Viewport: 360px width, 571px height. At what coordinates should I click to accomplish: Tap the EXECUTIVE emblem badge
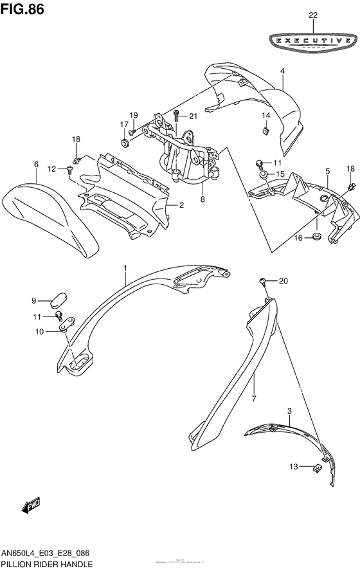coord(313,41)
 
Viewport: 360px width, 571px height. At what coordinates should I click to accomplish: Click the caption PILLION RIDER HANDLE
coord(46,563)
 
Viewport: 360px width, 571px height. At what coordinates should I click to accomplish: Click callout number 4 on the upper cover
coord(282,73)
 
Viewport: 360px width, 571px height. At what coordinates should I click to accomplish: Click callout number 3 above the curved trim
coord(289,410)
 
